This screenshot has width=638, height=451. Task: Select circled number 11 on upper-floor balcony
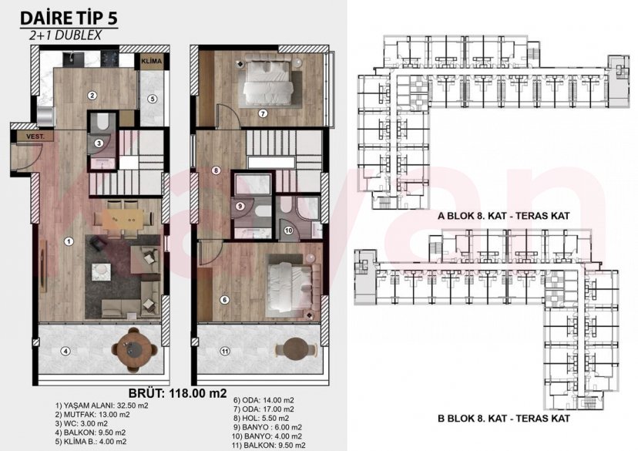point(225,352)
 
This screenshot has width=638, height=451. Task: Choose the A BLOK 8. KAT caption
point(502,218)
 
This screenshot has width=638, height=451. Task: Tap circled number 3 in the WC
point(99,143)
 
